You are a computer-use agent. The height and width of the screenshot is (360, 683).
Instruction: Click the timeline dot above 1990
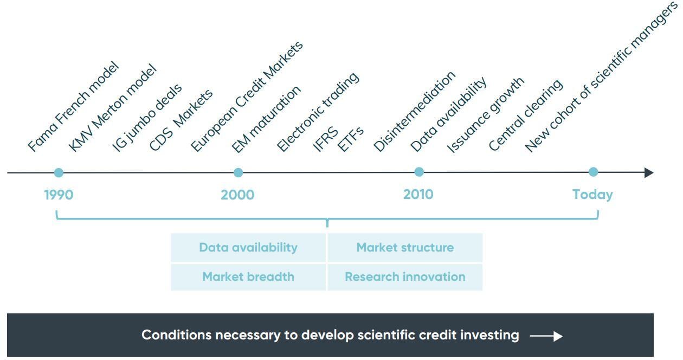click(59, 173)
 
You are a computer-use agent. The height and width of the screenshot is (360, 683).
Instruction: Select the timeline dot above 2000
click(238, 173)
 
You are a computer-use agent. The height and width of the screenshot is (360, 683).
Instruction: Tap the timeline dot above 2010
click(418, 172)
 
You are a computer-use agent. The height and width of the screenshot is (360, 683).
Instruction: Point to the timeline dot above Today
click(593, 172)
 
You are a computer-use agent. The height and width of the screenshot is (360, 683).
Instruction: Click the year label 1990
click(59, 195)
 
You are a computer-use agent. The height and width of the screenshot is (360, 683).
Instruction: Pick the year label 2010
click(418, 194)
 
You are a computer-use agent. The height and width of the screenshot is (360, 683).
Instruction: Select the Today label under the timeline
click(592, 195)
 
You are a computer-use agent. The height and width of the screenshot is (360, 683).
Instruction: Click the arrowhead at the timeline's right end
click(648, 173)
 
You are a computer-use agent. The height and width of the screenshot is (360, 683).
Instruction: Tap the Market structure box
click(405, 248)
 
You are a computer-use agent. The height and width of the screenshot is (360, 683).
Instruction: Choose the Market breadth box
click(248, 277)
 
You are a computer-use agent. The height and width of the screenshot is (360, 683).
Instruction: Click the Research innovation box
click(405, 277)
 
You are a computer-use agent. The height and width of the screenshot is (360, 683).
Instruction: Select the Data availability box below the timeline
click(248, 248)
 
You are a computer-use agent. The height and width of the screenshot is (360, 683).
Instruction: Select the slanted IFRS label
click(326, 140)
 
